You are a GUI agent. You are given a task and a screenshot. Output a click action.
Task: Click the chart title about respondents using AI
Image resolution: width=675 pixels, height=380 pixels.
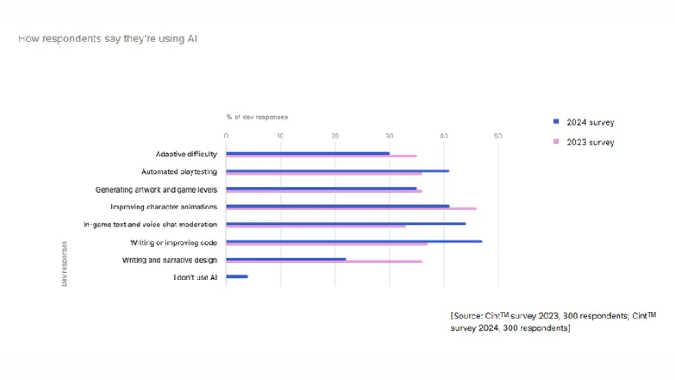click(107, 39)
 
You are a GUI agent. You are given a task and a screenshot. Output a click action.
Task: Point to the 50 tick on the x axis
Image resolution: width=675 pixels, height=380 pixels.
click(498, 136)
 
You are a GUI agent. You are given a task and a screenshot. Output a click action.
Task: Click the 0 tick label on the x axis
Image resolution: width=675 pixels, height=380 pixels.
click(226, 136)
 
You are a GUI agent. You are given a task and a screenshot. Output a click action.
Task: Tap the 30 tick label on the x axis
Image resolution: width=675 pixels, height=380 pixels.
click(389, 136)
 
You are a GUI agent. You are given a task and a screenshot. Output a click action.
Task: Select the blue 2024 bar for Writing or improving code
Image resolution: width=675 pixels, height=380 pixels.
click(354, 242)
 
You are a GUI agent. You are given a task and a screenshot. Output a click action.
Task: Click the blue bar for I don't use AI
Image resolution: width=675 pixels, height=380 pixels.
click(237, 276)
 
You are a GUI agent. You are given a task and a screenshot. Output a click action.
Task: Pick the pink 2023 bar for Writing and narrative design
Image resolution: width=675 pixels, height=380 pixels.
click(324, 262)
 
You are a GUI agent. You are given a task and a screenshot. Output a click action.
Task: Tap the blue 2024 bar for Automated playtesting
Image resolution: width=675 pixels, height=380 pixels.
click(337, 171)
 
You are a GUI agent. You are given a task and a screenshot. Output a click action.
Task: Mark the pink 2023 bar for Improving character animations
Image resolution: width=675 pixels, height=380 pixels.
click(351, 209)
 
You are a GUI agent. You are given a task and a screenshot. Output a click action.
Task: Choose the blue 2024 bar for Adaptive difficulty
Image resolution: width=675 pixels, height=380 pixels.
click(308, 153)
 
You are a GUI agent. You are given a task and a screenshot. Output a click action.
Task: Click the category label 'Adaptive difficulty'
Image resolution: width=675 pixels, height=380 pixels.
click(186, 155)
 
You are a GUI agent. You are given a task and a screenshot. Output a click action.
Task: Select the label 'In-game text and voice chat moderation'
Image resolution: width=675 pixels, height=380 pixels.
click(150, 225)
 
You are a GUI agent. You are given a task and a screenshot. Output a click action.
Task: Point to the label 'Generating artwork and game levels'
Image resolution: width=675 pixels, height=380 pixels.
click(156, 190)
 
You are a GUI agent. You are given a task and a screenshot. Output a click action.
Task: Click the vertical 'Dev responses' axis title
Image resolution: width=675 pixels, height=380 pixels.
click(64, 263)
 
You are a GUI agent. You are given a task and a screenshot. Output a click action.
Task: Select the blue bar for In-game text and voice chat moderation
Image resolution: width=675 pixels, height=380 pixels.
click(346, 224)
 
